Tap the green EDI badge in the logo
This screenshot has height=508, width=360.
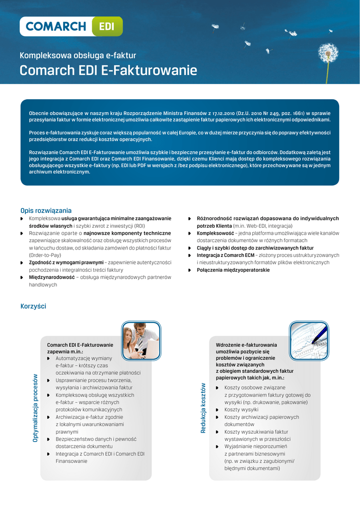click(107, 27)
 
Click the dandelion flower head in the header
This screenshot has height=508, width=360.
click(328, 53)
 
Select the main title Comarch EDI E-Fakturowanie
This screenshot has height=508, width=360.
click(108, 70)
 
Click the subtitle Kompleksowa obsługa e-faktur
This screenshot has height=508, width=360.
click(77, 56)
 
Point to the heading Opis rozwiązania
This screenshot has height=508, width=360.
click(46, 210)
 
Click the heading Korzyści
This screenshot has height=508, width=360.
click(33, 306)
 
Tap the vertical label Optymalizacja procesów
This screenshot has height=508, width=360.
click(35, 408)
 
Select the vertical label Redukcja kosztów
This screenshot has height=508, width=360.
click(203, 408)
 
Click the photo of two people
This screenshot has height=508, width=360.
click(141, 340)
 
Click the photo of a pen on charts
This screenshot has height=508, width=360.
click(309, 340)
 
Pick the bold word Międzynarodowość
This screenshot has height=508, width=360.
click(52, 277)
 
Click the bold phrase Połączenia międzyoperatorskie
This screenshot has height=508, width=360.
click(233, 270)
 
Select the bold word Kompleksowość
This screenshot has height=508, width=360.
click(215, 233)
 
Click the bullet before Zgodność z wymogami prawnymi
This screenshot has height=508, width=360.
click(22, 262)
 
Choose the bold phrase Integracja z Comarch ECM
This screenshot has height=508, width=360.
click(225, 255)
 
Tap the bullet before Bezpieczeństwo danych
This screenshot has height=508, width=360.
click(49, 439)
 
